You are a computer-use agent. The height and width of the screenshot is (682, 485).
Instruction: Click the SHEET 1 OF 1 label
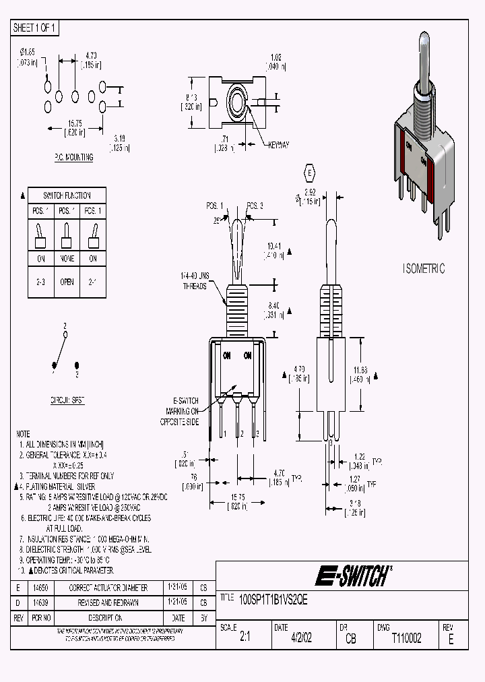coord(36,28)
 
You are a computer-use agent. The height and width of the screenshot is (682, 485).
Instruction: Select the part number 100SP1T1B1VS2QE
coord(273,598)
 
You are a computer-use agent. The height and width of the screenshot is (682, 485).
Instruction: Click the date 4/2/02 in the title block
coord(301,639)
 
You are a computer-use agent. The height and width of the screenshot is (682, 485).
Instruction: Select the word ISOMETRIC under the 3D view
coord(424,268)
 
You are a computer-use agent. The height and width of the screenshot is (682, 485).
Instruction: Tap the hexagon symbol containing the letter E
coord(310,173)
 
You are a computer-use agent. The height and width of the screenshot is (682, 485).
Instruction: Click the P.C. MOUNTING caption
coord(73,157)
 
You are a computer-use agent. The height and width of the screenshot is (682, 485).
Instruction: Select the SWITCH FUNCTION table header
coord(66,195)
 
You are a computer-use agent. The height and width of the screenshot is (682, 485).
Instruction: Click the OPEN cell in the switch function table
coord(66,282)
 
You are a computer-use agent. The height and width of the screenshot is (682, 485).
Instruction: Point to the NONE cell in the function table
coord(66,258)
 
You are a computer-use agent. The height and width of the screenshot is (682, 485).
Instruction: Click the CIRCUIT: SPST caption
coord(67,400)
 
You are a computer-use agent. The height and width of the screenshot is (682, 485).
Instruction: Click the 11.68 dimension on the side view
coord(360,374)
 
